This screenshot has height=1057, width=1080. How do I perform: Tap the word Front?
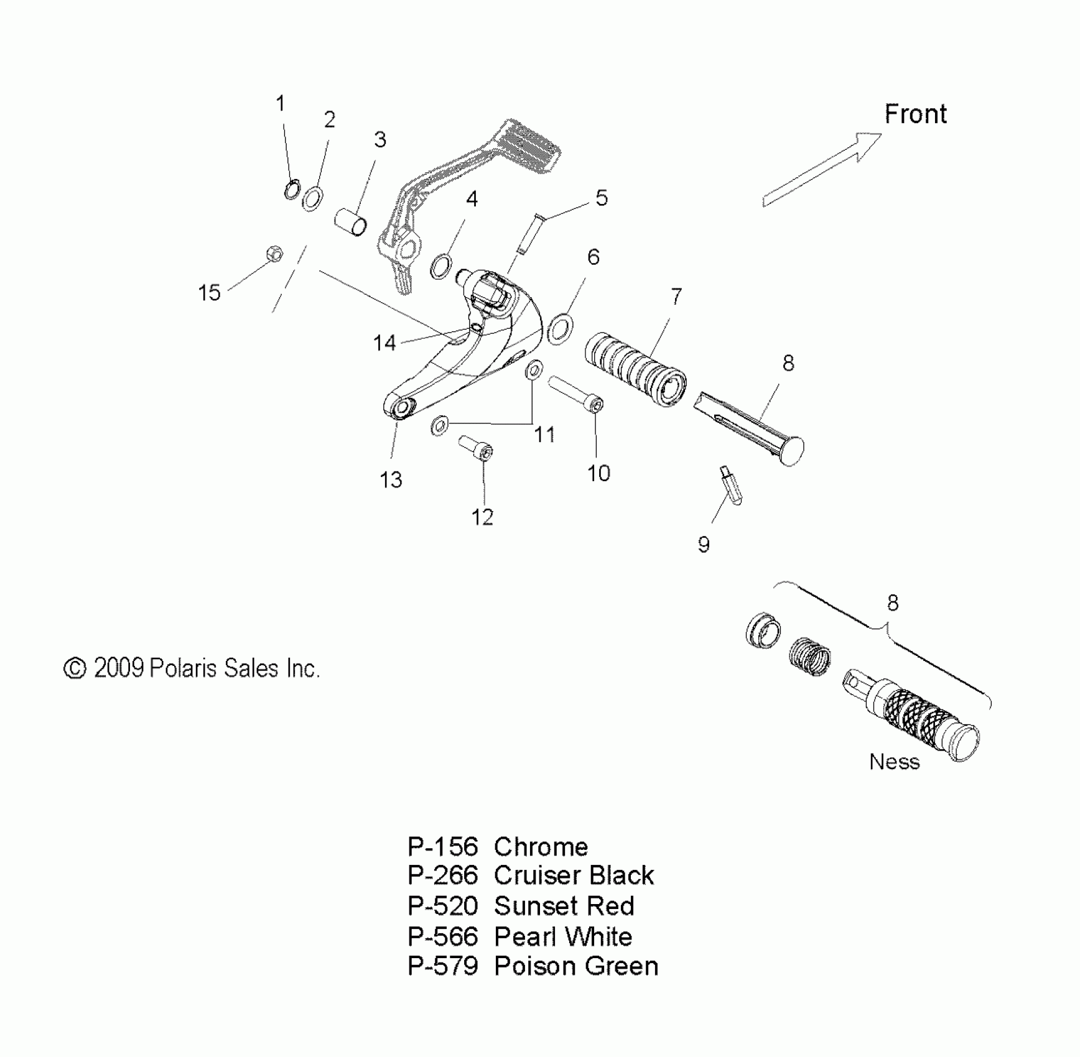click(915, 114)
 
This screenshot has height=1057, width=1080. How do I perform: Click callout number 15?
click(209, 292)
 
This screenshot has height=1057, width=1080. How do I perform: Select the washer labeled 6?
click(561, 329)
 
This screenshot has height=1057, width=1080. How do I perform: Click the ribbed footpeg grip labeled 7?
click(635, 368)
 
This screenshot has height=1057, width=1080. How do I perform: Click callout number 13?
click(391, 479)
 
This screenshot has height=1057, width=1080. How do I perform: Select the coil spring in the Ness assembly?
click(809, 657)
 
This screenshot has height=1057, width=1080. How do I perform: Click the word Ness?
click(894, 762)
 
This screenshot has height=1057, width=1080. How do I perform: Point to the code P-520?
click(442, 907)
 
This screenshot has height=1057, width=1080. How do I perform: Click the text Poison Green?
click(576, 966)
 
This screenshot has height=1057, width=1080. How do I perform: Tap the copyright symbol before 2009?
click(75, 669)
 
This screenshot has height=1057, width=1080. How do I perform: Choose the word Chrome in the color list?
click(541, 847)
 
